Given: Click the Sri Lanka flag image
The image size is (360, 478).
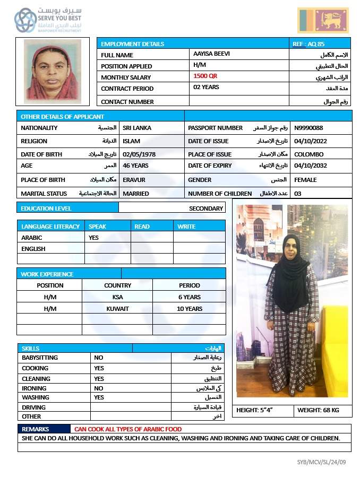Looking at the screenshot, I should (323, 21).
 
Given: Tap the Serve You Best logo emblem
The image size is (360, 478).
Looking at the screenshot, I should (25, 20).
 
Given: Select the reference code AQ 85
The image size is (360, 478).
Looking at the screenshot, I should (308, 44).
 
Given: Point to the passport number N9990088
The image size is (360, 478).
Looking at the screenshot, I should (308, 128).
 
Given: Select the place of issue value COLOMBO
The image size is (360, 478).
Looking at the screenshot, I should (308, 154).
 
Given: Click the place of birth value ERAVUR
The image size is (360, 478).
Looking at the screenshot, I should (134, 180).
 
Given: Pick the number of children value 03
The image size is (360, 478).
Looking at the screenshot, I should (297, 194).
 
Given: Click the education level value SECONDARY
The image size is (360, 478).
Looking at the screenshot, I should (206, 208).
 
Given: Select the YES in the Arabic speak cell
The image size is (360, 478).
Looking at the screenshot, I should (93, 238).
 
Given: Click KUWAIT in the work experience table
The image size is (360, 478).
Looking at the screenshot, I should (117, 309).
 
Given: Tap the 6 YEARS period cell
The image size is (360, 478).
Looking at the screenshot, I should (190, 297).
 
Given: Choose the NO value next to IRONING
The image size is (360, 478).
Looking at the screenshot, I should (99, 388).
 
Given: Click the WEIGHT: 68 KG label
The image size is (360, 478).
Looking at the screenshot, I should (318, 410).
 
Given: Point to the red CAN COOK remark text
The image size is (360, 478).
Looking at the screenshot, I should (128, 429).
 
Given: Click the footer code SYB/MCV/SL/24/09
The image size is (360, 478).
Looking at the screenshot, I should (321, 462).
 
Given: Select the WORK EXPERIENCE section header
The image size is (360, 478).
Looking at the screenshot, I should (47, 274).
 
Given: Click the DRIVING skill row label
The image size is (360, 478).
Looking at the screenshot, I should (33, 407).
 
